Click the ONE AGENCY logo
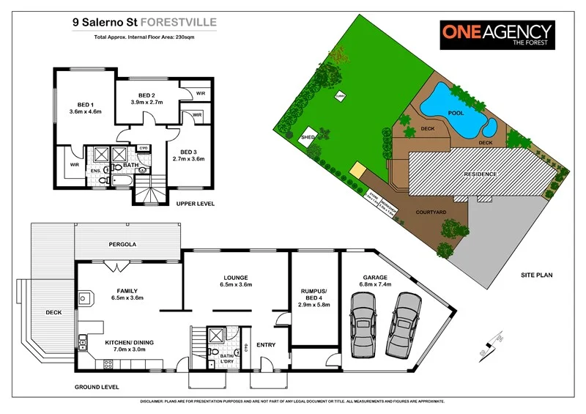click(x=496, y=34)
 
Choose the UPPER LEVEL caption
click(x=196, y=203)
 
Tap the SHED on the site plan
click(x=308, y=137)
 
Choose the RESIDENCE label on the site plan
click(x=481, y=174)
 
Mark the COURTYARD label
click(x=431, y=212)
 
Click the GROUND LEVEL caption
click(x=97, y=386)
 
